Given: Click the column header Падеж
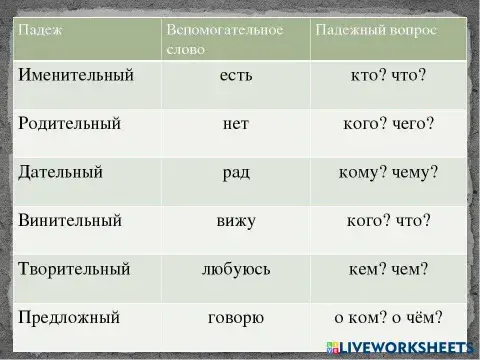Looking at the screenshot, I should pyautogui.click(x=39, y=30).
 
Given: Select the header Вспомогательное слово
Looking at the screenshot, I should pyautogui.click(x=225, y=39).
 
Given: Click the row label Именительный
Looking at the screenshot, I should pyautogui.click(x=75, y=77).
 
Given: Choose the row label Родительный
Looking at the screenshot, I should pyautogui.click(x=69, y=124).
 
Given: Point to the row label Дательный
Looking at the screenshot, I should pyautogui.click(x=61, y=172).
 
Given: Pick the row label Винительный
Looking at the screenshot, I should pyautogui.click(x=69, y=220).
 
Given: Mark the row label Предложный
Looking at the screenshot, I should pyautogui.click(x=69, y=318).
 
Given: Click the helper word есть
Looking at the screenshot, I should pyautogui.click(x=235, y=77).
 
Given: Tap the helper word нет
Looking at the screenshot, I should pyautogui.click(x=235, y=124).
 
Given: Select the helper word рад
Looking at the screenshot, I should pyautogui.click(x=235, y=172).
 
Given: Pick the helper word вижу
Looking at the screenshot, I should pyautogui.click(x=235, y=220).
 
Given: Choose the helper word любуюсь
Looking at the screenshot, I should pyautogui.click(x=235, y=268).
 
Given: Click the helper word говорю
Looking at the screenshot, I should pyautogui.click(x=235, y=318).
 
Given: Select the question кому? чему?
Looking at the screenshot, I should pyautogui.click(x=387, y=172).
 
